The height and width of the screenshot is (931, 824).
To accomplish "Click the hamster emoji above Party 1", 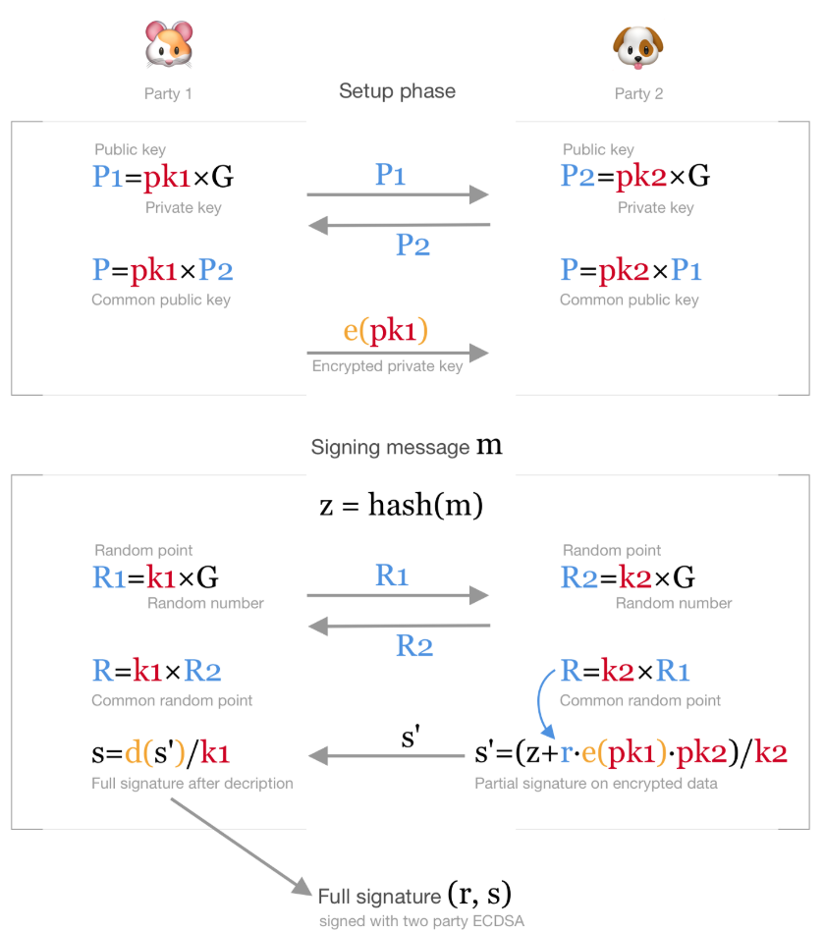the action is [168, 45].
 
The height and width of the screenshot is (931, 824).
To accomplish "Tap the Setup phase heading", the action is [397, 91].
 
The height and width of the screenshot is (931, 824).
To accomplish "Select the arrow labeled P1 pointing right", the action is [398, 194].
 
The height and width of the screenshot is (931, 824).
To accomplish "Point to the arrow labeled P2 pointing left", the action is [398, 226].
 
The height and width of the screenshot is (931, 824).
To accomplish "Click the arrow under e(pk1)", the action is [398, 353].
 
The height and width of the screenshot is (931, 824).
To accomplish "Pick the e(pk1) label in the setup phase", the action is [386, 330].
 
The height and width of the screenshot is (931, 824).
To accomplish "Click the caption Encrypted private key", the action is [387, 366].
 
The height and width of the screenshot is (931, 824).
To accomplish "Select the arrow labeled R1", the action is [398, 595].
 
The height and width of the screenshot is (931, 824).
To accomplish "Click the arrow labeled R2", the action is [398, 626].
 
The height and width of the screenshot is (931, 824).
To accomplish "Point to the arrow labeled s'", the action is [386, 756].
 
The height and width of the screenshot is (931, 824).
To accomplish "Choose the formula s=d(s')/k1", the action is [161, 754].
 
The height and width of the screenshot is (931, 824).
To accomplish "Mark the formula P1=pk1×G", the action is [162, 177].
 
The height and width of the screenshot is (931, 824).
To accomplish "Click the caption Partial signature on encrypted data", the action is [596, 784].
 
